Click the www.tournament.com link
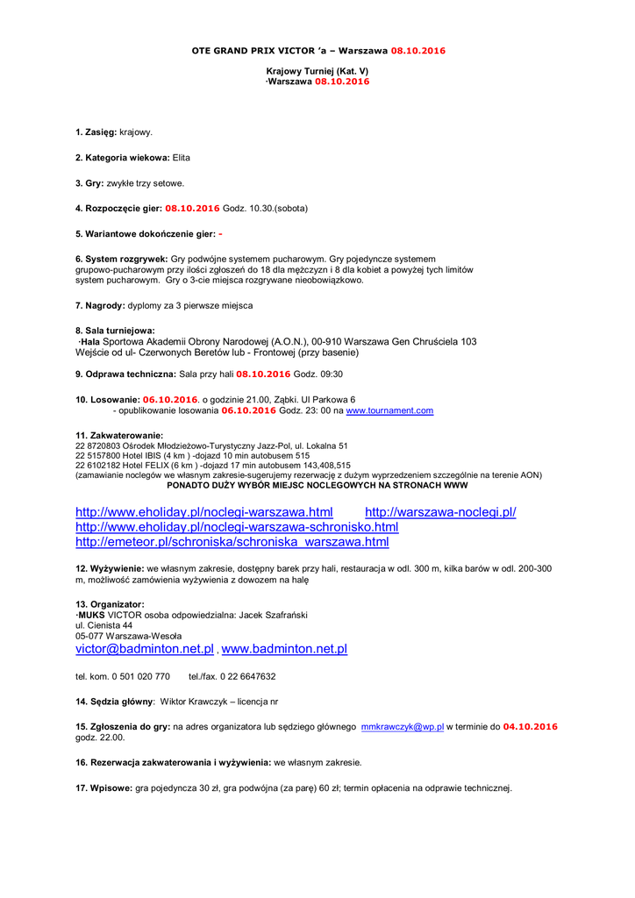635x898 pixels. [x=389, y=410]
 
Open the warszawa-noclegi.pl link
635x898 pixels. [x=440, y=512]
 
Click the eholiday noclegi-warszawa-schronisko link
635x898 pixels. [x=237, y=527]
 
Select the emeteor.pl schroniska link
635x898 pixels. [x=232, y=542]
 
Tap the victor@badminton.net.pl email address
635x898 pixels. [x=145, y=649]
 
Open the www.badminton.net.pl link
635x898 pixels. [x=284, y=649]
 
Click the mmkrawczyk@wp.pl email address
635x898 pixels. [x=403, y=727]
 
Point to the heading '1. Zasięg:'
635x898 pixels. [x=96, y=132]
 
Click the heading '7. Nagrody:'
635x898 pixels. [x=100, y=305]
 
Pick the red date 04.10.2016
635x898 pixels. [x=530, y=727]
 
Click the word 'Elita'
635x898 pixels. [x=182, y=157]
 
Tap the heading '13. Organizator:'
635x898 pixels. [x=110, y=604]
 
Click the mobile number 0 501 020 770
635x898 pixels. [x=133, y=676]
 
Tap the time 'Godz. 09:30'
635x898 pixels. [x=317, y=374]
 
